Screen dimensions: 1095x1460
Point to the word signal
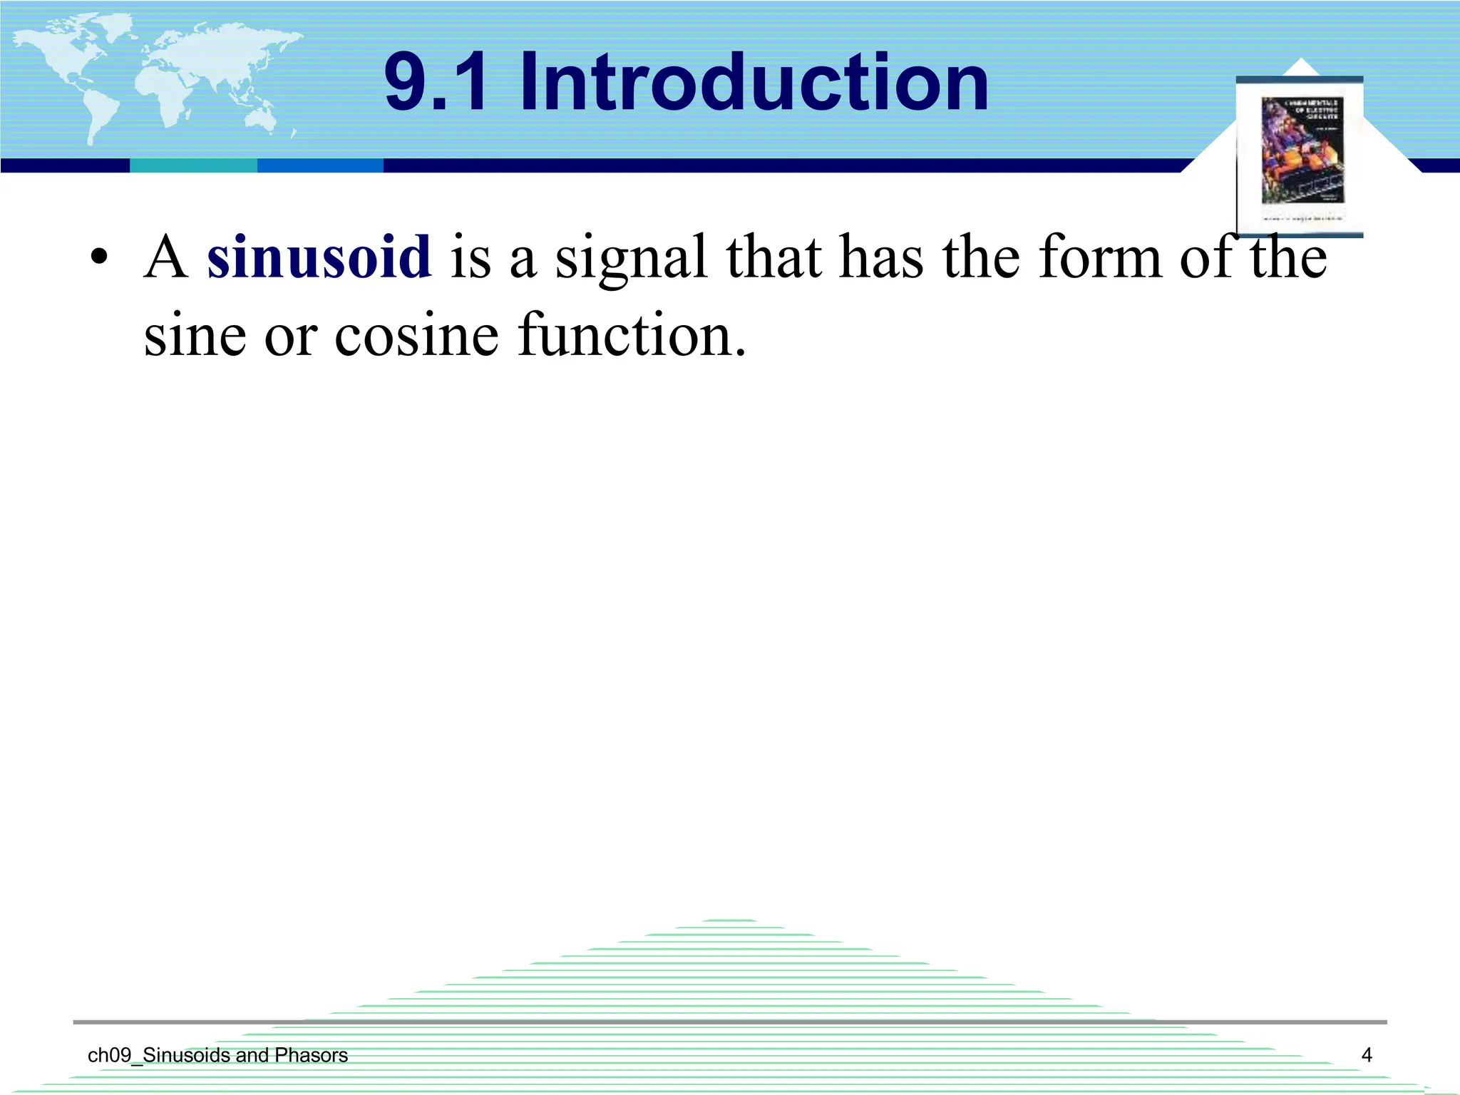coord(631,258)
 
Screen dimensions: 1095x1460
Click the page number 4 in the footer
coord(1366,1055)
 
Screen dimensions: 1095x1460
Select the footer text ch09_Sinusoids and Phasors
coord(217,1055)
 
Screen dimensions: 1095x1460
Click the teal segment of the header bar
coord(193,165)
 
